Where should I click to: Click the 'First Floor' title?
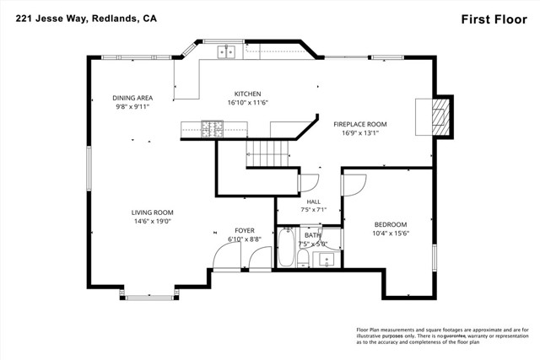click(494, 19)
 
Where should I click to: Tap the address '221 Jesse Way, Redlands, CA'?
click(86, 19)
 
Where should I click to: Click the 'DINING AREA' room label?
click(132, 98)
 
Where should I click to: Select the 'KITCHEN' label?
click(247, 94)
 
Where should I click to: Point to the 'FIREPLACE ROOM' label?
click(360, 124)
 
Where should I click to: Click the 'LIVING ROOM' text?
click(152, 212)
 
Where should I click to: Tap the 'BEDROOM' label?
click(391, 225)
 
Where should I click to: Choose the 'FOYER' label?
click(245, 231)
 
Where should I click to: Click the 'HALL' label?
click(313, 201)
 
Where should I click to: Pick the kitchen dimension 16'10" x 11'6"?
click(247, 103)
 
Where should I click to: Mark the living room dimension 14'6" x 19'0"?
click(153, 221)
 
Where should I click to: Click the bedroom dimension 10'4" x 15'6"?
click(391, 234)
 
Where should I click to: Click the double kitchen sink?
click(226, 52)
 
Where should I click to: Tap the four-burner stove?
click(212, 129)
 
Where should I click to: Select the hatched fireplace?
click(440, 117)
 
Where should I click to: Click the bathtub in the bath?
click(286, 247)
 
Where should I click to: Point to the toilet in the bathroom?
click(303, 258)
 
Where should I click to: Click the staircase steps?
click(267, 153)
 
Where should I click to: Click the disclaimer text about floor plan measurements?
click(442, 336)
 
